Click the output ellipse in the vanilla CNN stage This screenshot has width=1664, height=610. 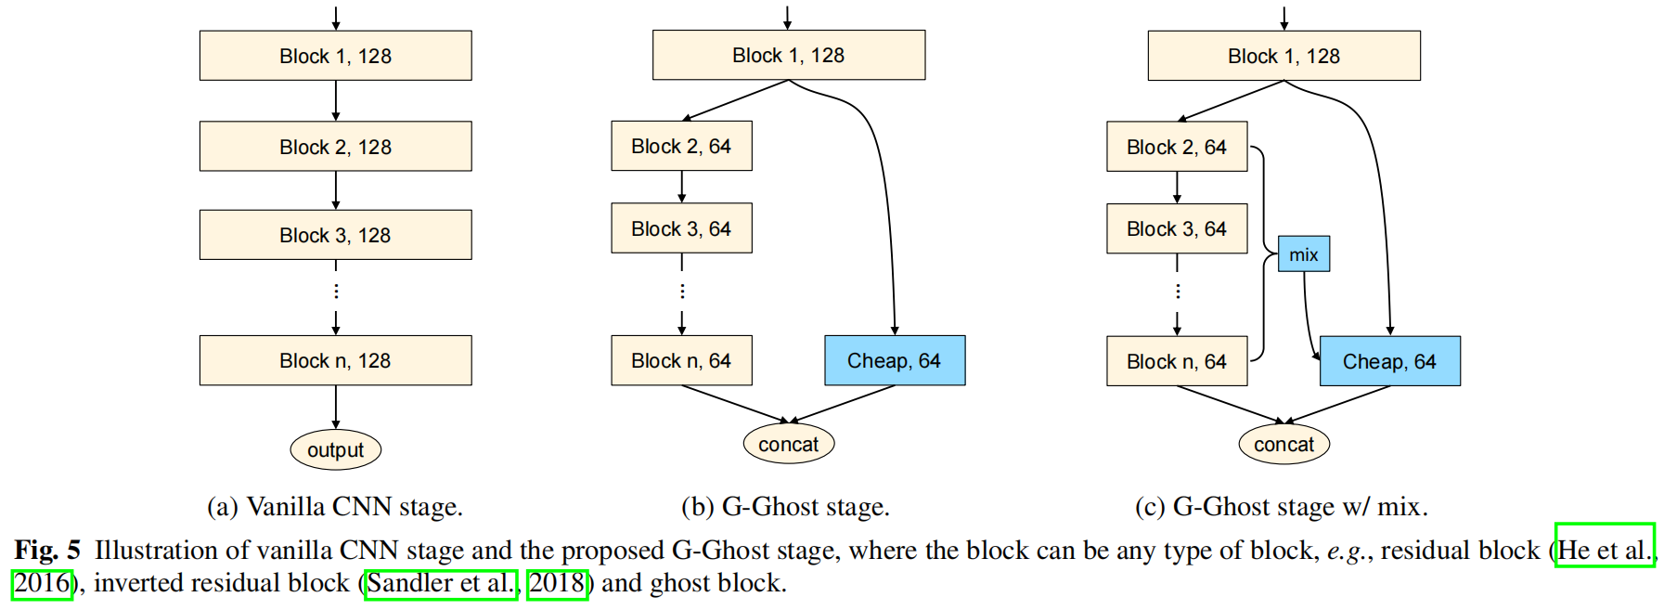click(335, 450)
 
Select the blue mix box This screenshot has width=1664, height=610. click(1303, 254)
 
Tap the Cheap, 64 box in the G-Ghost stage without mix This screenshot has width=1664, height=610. click(894, 360)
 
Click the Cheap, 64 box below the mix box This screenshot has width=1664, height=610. click(1389, 361)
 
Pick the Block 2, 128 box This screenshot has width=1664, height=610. click(335, 147)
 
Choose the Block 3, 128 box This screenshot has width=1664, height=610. click(335, 235)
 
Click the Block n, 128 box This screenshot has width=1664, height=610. click(335, 360)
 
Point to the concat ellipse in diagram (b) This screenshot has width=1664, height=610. click(788, 444)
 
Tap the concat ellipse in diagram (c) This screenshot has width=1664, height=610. click(1283, 444)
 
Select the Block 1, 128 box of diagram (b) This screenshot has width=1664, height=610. click(788, 55)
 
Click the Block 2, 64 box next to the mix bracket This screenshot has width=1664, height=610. click(1176, 147)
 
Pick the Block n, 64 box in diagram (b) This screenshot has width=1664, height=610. click(681, 360)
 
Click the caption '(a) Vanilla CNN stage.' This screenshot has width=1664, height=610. click(334, 507)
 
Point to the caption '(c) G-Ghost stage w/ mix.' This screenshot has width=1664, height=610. click(1281, 507)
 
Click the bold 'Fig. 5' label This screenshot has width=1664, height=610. click(47, 550)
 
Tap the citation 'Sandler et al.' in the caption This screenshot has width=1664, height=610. click(441, 583)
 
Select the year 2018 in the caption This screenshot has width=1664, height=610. click(557, 583)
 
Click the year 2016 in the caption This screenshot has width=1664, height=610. click(42, 583)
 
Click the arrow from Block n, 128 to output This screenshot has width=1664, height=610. click(336, 407)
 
